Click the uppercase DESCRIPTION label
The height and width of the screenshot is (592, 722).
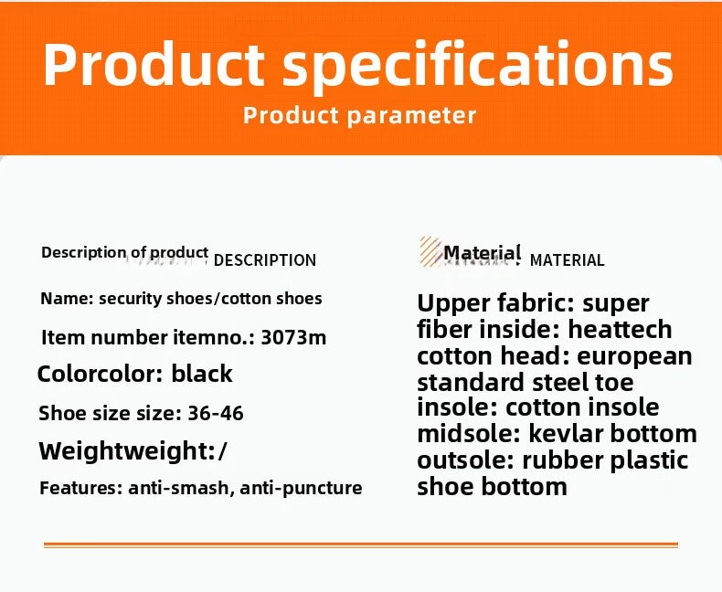click(x=265, y=260)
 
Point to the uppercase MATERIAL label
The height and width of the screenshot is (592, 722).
click(x=567, y=260)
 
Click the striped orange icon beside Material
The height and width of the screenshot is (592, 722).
click(x=430, y=251)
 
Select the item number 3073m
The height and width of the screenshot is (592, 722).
click(x=293, y=337)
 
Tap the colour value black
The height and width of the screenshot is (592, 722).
click(x=202, y=374)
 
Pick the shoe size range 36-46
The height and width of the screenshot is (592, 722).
click(x=216, y=413)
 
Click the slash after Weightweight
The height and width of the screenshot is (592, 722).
click(x=224, y=451)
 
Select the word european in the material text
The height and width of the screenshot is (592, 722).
click(x=634, y=356)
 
